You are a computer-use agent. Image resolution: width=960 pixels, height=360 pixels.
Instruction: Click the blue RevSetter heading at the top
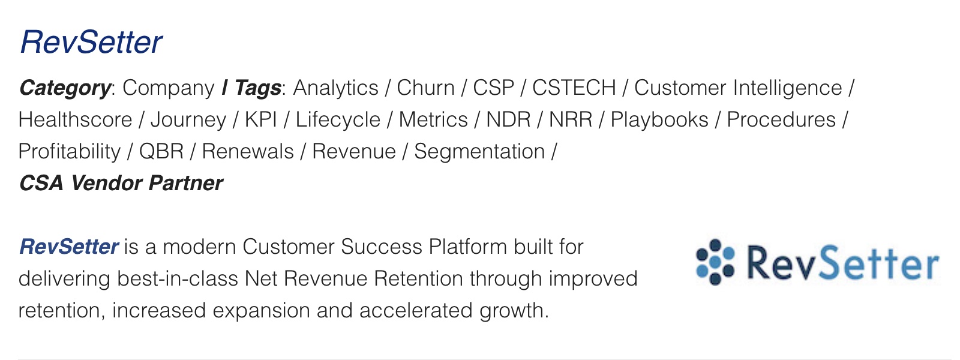tap(91, 42)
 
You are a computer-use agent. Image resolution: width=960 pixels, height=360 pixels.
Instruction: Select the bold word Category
tap(65, 88)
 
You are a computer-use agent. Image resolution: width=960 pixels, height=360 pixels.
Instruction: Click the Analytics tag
tap(335, 88)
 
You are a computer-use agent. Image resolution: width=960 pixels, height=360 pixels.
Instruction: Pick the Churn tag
tap(425, 88)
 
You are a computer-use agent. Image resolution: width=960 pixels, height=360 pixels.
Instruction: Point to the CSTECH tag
tap(574, 88)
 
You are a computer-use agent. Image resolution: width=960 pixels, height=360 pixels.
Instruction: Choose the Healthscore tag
tap(76, 119)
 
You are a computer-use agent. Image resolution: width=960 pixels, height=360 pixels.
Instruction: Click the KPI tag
tap(260, 119)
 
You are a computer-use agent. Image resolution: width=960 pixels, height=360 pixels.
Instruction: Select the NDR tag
tap(508, 119)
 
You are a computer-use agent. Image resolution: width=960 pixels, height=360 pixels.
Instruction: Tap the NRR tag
tap(571, 119)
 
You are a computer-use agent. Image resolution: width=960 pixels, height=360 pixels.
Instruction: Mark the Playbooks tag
tap(659, 120)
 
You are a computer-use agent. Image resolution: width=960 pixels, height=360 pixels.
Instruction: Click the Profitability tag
tap(70, 152)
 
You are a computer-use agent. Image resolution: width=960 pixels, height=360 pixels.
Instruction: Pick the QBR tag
tap(161, 152)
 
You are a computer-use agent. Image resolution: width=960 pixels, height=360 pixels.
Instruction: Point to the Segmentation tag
tap(479, 152)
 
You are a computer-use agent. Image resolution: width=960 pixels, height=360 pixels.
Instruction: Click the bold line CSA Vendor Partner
tap(121, 183)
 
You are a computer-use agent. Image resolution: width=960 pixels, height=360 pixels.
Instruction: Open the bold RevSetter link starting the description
tap(68, 247)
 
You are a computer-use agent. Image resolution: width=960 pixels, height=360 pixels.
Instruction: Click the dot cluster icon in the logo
tap(715, 262)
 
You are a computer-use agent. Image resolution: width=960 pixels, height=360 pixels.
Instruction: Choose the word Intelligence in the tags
tap(787, 88)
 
